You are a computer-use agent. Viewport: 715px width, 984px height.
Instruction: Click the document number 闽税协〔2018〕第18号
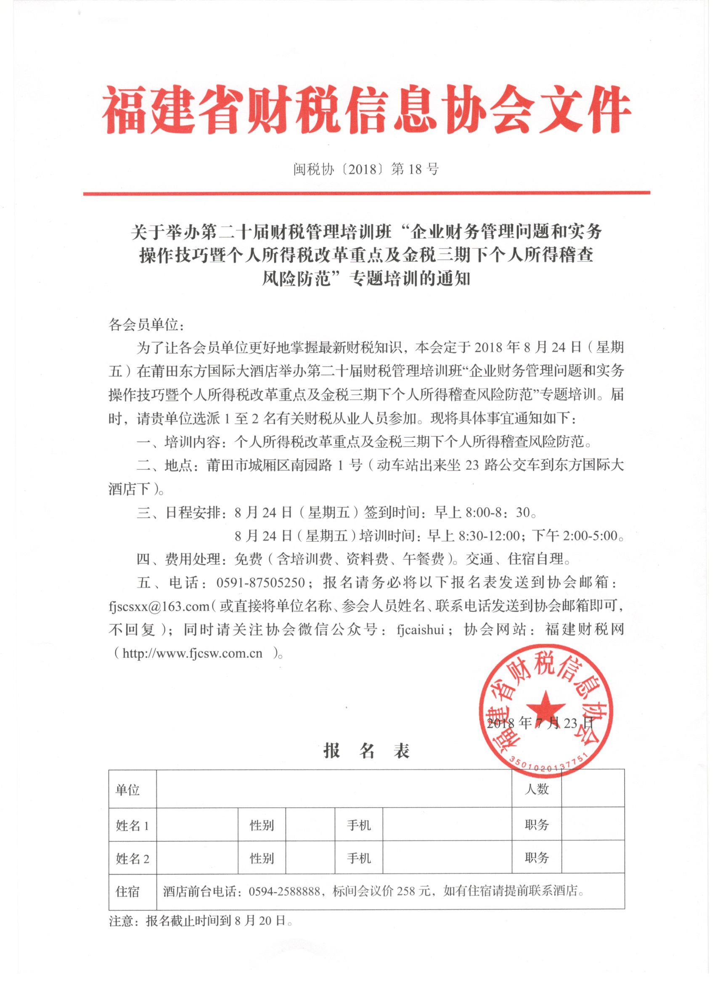pyautogui.click(x=366, y=169)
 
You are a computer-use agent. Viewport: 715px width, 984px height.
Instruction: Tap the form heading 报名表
pyautogui.click(x=366, y=751)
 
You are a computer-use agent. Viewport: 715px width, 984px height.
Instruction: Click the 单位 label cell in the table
pyautogui.click(x=127, y=790)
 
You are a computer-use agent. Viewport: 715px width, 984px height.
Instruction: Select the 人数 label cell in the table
pyautogui.click(x=536, y=789)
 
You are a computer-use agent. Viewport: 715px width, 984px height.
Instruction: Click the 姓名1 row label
pyautogui.click(x=132, y=825)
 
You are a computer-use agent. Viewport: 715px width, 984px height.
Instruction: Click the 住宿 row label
pyautogui.click(x=127, y=891)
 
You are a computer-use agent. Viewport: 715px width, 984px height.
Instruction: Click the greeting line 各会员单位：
pyautogui.click(x=141, y=325)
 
